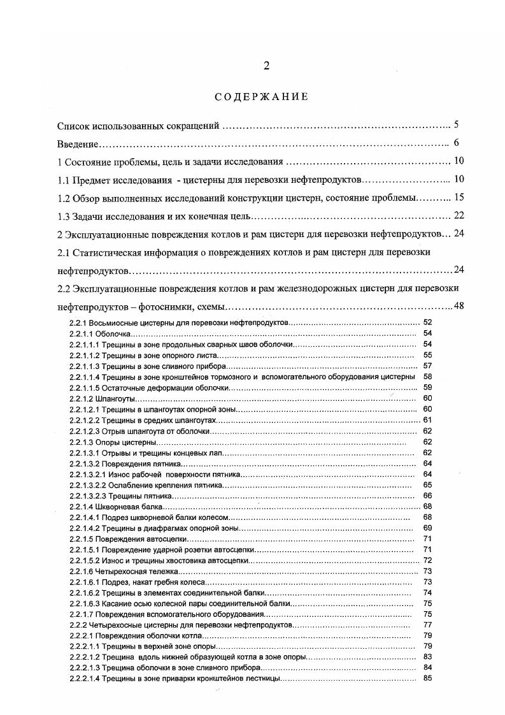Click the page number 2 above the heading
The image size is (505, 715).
(267, 66)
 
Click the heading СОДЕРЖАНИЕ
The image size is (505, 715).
(261, 97)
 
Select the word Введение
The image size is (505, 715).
(76, 143)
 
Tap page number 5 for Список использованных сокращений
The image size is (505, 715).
(457, 124)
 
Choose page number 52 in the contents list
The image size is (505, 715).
(427, 323)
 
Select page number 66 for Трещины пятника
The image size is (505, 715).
(427, 495)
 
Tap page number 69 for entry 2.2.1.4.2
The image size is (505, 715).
(427, 528)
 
